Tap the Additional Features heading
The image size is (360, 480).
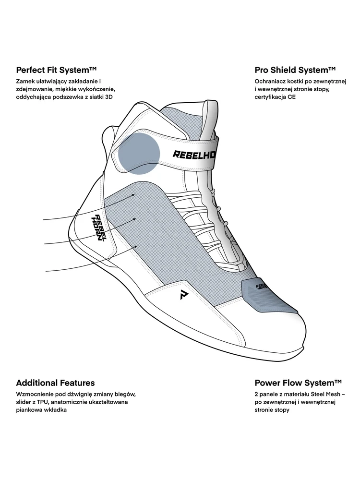[x=55, y=383]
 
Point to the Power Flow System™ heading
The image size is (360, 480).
[x=298, y=383]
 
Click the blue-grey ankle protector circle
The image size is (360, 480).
[x=139, y=153]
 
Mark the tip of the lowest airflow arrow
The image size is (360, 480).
[x=138, y=245]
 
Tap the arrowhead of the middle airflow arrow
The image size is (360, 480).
[x=137, y=219]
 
